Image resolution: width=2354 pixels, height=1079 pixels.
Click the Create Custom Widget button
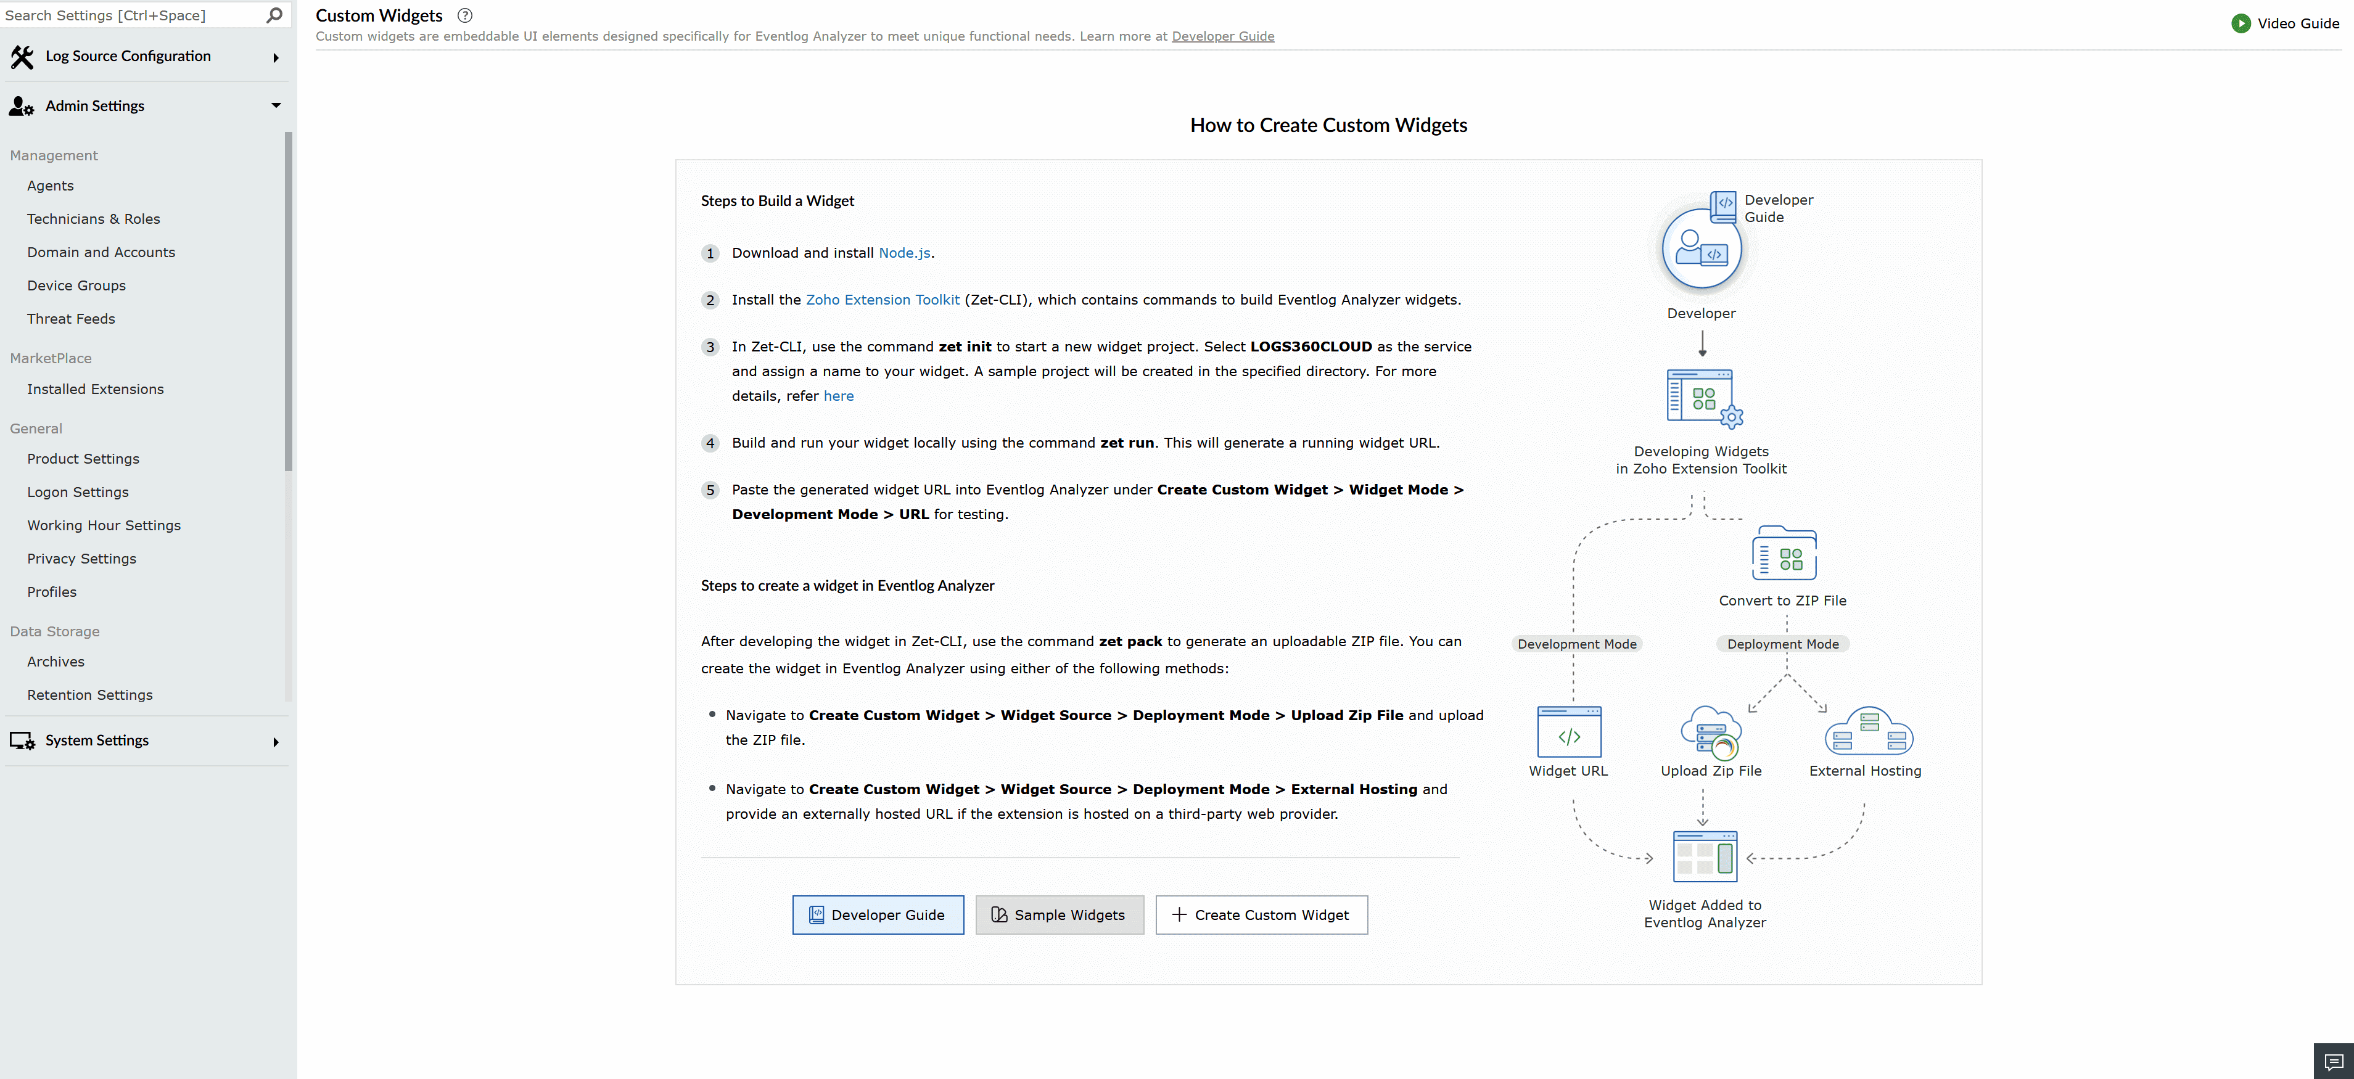(x=1261, y=914)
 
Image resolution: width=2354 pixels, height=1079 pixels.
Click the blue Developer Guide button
(x=877, y=914)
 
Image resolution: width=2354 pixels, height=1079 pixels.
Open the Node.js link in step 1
(x=903, y=253)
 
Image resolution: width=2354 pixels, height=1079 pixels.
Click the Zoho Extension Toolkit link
(x=882, y=300)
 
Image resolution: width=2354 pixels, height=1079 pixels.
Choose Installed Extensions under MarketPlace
(x=95, y=389)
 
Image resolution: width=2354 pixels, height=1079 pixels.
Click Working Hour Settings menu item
(x=103, y=525)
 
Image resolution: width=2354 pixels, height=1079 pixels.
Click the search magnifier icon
(x=273, y=15)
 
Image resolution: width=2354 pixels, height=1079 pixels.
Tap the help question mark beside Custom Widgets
(x=465, y=15)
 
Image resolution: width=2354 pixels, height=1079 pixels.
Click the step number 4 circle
(x=710, y=444)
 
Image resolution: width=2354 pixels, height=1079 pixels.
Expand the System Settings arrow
(x=276, y=742)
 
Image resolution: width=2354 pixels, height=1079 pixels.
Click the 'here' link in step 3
(x=838, y=396)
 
